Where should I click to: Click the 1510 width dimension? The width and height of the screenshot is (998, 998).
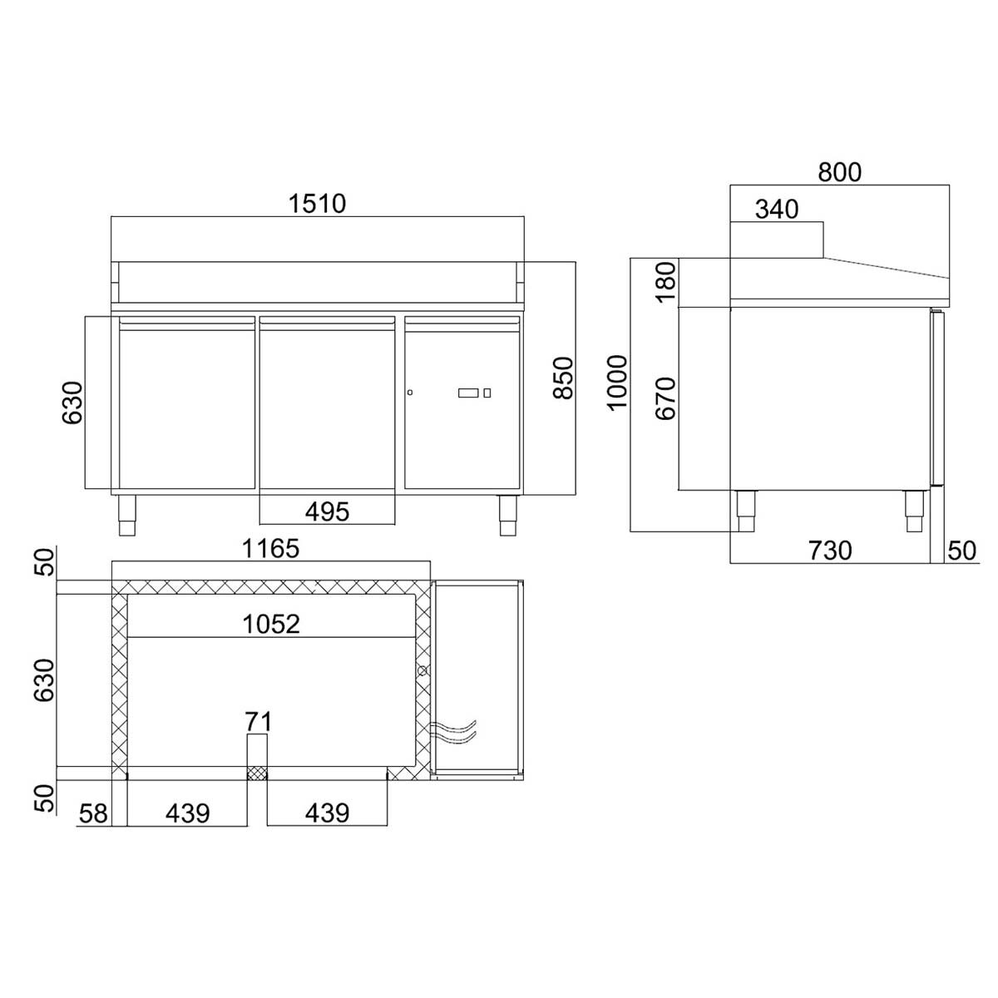[318, 203]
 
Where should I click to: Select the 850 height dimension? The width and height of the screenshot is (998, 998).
[564, 378]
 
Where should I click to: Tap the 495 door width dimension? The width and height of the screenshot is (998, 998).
[327, 511]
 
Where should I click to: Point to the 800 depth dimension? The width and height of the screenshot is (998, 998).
[839, 172]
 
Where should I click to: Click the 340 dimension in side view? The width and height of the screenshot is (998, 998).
[776, 210]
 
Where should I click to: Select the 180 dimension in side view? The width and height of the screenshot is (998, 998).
[665, 283]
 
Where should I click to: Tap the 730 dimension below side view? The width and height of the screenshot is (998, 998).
[829, 550]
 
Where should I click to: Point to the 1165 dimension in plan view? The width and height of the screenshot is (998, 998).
[270, 549]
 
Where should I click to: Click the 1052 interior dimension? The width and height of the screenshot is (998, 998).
[271, 624]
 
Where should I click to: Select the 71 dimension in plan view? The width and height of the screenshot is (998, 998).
[258, 721]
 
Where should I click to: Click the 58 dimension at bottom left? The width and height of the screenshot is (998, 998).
[95, 813]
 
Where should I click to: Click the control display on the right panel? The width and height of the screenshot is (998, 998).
[468, 393]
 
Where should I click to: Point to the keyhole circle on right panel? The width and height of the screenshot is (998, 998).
[410, 393]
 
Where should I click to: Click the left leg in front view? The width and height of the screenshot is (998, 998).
[127, 514]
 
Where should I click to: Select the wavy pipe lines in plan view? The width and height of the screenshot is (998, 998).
[456, 731]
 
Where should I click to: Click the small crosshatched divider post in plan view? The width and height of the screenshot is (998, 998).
[257, 773]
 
